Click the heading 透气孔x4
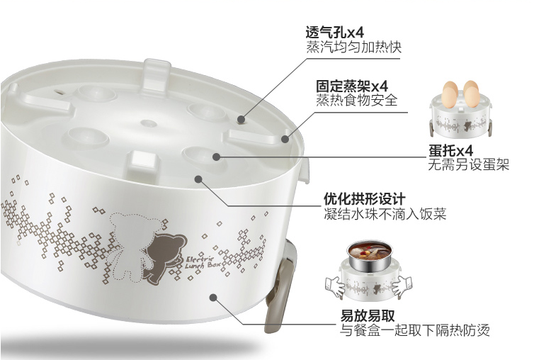point(334,33)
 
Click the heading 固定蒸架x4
point(352,86)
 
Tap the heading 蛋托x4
point(450,151)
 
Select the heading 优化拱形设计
point(365,198)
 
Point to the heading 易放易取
point(368,316)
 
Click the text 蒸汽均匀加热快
point(354,47)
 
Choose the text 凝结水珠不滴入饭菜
point(385,214)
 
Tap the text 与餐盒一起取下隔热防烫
point(415,330)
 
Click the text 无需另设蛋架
point(469,164)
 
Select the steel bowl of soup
point(369,257)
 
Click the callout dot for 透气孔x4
point(241,119)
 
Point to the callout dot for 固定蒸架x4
point(285,139)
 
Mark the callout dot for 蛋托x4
point(217,157)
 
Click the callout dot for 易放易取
point(213,298)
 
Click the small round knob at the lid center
point(149,123)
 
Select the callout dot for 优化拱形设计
point(198,179)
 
